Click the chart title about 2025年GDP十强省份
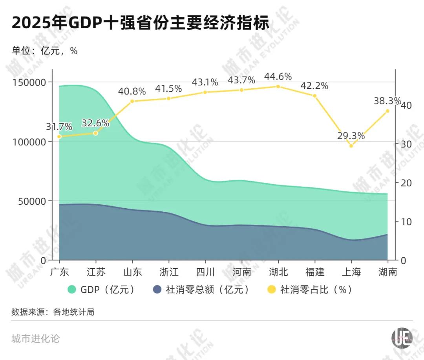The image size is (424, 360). click(141, 23)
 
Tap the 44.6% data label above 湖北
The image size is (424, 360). click(278, 76)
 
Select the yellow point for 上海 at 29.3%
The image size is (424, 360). click(351, 146)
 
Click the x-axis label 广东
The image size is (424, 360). click(59, 272)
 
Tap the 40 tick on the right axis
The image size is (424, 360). click(406, 105)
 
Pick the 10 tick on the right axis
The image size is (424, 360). click(406, 222)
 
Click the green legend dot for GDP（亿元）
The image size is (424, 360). click(72, 290)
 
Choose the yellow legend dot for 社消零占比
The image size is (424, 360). click(271, 290)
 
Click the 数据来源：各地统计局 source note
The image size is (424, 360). click(53, 312)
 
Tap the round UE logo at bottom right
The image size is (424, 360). click(402, 337)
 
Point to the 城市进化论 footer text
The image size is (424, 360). click(36, 338)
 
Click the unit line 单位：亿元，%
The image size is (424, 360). click(44, 51)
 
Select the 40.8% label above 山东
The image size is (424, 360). click(132, 92)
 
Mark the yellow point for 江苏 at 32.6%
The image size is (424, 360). click(95, 133)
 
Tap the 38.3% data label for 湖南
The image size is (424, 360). click(387, 101)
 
